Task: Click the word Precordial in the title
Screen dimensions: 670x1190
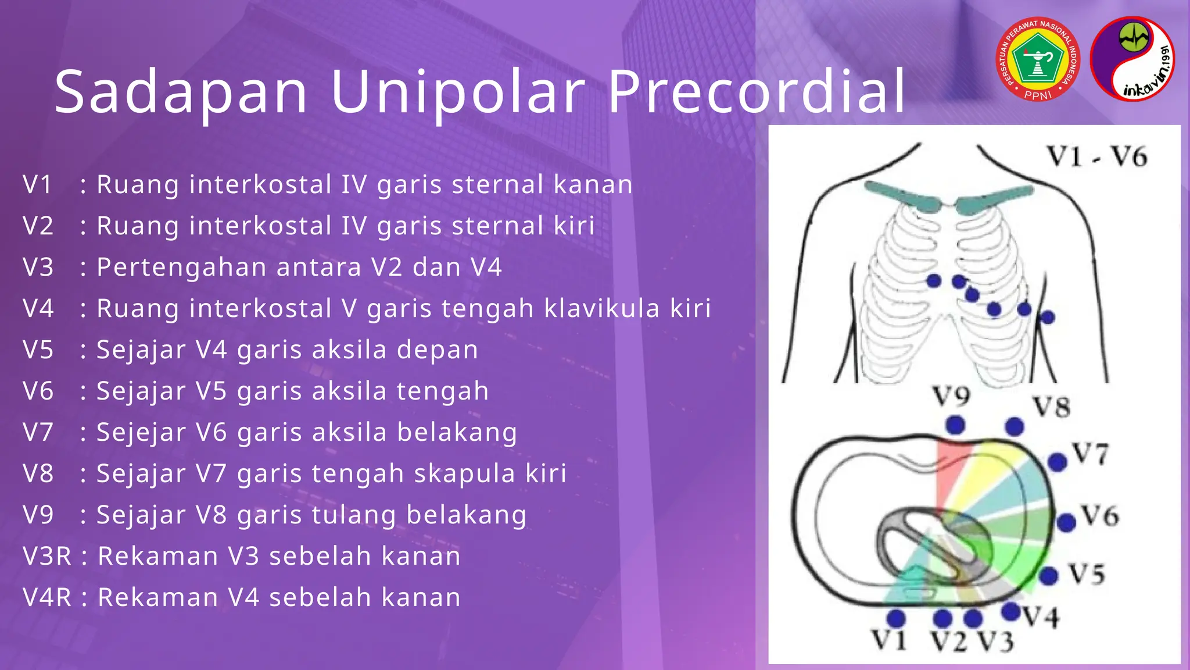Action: click(x=757, y=92)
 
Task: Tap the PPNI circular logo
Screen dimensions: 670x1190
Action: click(x=1038, y=59)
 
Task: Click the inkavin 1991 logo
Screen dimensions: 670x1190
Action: click(x=1132, y=59)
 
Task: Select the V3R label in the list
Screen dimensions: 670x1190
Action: click(x=46, y=556)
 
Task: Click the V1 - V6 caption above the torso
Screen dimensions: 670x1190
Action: click(x=1097, y=157)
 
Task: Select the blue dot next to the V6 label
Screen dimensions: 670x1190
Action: click(x=1066, y=522)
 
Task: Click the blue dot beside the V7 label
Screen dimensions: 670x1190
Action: click(x=1058, y=462)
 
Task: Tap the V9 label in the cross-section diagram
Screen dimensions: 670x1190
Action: click(x=952, y=397)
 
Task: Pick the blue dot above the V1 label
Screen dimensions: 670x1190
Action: click(x=896, y=618)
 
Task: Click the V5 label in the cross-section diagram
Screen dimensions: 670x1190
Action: click(x=1087, y=575)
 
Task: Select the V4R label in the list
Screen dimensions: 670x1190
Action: click(x=46, y=597)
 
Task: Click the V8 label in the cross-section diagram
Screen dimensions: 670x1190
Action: click(x=1052, y=407)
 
